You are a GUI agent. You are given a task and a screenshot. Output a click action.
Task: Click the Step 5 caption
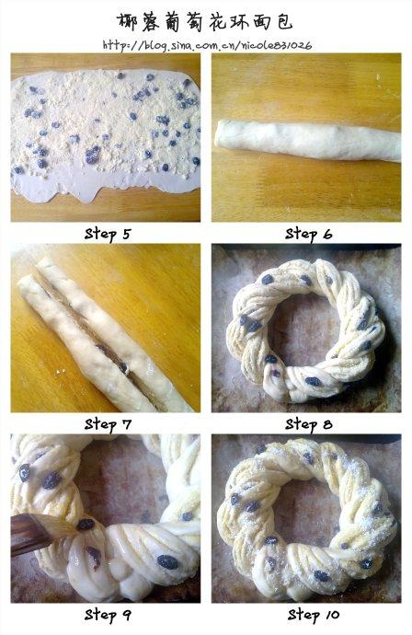coord(108,234)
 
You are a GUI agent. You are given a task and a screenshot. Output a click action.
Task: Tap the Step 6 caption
coord(308,234)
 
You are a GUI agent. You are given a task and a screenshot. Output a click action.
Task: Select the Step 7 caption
coord(108,424)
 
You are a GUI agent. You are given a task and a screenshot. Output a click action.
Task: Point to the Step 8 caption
coord(308,424)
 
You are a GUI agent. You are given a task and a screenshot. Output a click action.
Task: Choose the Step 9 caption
coord(108,615)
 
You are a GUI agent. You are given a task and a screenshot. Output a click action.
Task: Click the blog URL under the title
coord(207,45)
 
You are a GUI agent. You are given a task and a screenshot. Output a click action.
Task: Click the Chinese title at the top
coord(205,21)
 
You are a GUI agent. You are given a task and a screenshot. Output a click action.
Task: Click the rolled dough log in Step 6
coord(307,140)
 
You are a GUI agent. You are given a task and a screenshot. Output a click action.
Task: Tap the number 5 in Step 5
coord(127,234)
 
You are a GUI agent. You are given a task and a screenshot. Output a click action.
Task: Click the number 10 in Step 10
coord(332,615)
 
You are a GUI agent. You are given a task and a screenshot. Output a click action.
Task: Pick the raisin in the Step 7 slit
coord(122,367)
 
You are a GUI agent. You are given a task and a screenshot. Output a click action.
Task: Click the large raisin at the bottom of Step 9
coord(167,562)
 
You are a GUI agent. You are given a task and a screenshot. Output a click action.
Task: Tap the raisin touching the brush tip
coord(86,525)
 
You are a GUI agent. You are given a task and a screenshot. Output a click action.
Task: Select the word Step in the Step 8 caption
coord(301,425)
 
